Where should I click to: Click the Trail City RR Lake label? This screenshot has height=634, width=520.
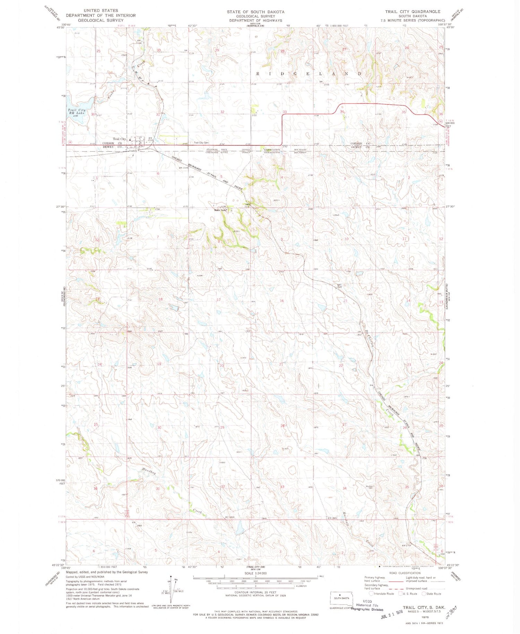[76, 112]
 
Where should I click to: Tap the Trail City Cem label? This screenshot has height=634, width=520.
[201, 143]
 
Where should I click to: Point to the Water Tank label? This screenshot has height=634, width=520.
[220, 210]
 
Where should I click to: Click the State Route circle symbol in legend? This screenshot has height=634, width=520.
[424, 593]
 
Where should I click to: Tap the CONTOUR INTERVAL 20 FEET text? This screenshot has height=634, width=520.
[255, 592]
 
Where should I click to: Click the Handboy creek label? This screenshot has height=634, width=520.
[149, 472]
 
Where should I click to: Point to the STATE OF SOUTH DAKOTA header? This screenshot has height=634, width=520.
[255, 11]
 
